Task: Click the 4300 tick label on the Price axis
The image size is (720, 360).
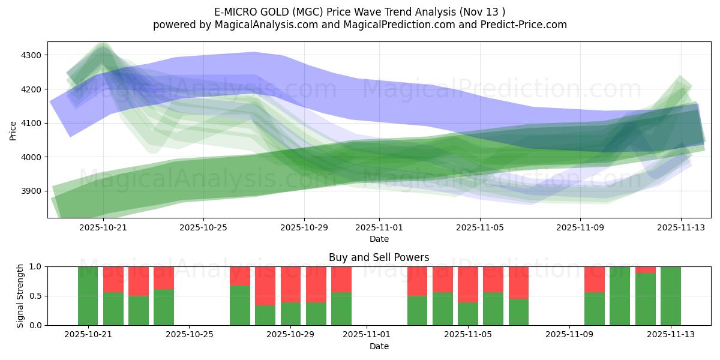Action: tap(31, 55)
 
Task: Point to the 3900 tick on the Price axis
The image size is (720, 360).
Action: tap(31, 191)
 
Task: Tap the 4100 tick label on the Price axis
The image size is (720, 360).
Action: tap(31, 123)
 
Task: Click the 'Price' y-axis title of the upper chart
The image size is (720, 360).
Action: tap(13, 130)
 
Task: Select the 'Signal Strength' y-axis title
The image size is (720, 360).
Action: tap(20, 296)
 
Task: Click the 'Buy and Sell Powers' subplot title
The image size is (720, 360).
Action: tap(379, 257)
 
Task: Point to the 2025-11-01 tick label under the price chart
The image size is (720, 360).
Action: tap(379, 227)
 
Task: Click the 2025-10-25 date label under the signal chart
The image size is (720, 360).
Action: tap(190, 335)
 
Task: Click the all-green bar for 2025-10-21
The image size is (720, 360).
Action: tap(88, 296)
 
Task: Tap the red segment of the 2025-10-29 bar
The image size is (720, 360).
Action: tap(291, 284)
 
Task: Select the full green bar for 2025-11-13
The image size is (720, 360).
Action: tap(670, 296)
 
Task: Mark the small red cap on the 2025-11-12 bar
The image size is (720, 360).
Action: tap(645, 270)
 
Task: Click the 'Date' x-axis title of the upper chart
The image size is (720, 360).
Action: tap(379, 239)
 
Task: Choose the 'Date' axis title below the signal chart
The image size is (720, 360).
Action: tap(379, 346)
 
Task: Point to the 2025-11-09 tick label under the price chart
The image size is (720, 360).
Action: tap(580, 227)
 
